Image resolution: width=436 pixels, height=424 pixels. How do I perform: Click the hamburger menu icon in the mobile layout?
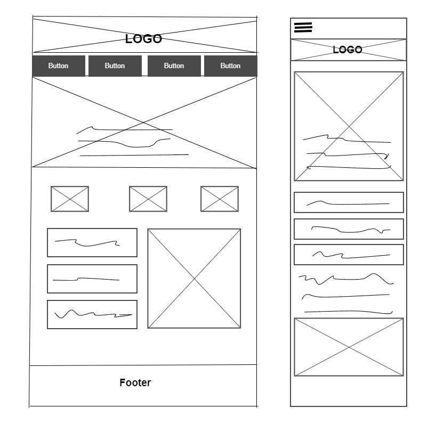point(303,28)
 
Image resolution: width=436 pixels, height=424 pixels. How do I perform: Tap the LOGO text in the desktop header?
point(143,39)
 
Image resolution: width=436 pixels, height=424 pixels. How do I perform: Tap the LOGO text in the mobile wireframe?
point(348,50)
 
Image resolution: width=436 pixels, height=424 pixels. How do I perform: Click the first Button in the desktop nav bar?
point(59,66)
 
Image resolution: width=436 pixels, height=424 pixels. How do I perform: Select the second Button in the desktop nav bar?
point(115,66)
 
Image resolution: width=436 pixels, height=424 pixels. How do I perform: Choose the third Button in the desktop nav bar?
point(174,66)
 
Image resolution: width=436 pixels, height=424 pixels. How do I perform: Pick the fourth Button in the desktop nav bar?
point(231,66)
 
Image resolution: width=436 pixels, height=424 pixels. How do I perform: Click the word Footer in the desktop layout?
point(135,382)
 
